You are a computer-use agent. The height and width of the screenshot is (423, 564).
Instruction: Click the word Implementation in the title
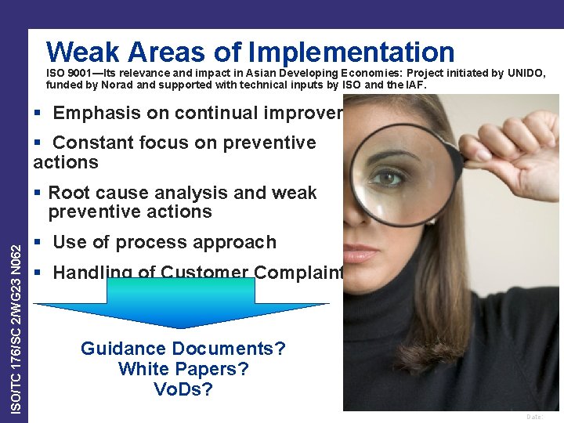[x=351, y=52]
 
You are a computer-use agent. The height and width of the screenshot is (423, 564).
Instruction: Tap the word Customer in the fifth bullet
[x=204, y=273]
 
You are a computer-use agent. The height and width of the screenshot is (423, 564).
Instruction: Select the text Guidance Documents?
[x=183, y=349]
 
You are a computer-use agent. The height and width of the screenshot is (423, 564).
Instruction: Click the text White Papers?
[x=183, y=369]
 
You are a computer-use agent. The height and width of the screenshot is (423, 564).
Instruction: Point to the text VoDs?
[x=183, y=389]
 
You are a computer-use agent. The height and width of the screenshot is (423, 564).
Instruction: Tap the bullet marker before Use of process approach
[x=39, y=243]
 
